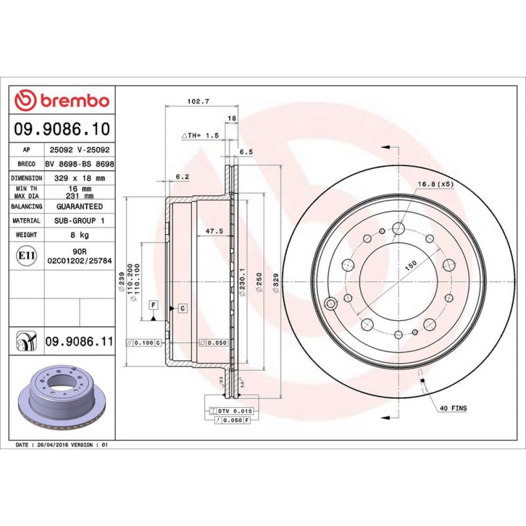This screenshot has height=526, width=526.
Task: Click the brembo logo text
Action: click(75, 100)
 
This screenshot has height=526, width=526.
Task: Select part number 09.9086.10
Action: click(62, 129)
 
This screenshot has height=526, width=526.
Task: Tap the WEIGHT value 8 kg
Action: click(79, 235)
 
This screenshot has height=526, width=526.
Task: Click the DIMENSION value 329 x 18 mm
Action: click(79, 178)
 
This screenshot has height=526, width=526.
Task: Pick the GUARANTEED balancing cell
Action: click(79, 206)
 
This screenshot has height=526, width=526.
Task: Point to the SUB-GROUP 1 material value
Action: click(79, 220)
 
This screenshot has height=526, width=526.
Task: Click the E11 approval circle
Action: click(26, 256)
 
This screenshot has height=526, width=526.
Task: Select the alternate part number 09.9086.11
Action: click(79, 341)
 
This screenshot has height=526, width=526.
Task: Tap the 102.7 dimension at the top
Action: click(198, 101)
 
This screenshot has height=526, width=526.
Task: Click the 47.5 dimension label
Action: click(215, 231)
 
